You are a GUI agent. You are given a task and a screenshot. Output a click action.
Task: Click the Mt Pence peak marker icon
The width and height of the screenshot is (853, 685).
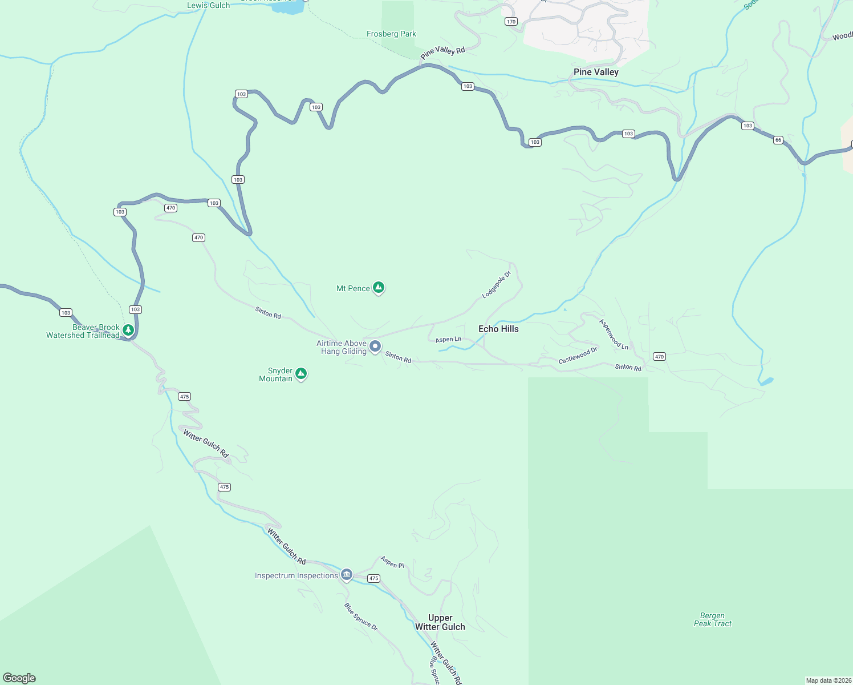pyautogui.click(x=378, y=288)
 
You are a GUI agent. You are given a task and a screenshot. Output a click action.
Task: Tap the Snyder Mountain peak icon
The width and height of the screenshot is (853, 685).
pyautogui.click(x=301, y=374)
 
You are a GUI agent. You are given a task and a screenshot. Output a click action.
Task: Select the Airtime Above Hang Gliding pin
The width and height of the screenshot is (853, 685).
pyautogui.click(x=375, y=346)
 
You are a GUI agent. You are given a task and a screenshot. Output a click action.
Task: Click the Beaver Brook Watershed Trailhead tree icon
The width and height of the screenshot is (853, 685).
pyautogui.click(x=128, y=330)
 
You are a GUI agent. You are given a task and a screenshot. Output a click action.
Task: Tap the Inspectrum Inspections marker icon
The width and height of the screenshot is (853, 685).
pyautogui.click(x=346, y=574)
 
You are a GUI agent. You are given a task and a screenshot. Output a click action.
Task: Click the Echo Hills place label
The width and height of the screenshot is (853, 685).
pyautogui.click(x=498, y=329)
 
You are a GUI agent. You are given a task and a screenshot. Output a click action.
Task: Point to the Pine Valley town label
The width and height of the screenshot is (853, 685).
pyautogui.click(x=596, y=72)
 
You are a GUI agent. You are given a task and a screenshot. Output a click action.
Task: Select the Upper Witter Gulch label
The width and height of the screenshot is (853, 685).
pyautogui.click(x=440, y=622)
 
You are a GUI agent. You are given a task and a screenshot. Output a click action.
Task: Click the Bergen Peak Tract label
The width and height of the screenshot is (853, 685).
pyautogui.click(x=712, y=619)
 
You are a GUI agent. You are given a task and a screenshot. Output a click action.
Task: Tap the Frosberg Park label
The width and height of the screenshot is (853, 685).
pyautogui.click(x=391, y=34)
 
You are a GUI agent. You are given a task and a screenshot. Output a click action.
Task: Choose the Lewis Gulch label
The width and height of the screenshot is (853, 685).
pyautogui.click(x=209, y=5)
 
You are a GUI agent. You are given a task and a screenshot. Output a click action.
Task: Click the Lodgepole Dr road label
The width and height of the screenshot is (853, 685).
pyautogui.click(x=496, y=285)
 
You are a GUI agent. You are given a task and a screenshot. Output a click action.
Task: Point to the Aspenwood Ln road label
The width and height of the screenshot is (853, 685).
pyautogui.click(x=614, y=335)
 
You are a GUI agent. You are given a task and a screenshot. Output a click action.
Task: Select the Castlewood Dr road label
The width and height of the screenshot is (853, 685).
pyautogui.click(x=578, y=355)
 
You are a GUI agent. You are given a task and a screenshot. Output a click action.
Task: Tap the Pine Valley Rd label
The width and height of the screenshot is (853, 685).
pyautogui.click(x=443, y=52)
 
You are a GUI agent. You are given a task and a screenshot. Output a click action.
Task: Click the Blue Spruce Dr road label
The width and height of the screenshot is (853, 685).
pyautogui.click(x=360, y=616)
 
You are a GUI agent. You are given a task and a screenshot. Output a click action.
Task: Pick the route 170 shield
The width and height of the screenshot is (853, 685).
pyautogui.click(x=510, y=22)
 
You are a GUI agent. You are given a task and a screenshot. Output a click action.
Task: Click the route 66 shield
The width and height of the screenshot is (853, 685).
pyautogui.click(x=778, y=140)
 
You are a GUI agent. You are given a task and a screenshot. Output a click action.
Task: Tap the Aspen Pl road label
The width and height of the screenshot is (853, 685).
pyautogui.click(x=392, y=562)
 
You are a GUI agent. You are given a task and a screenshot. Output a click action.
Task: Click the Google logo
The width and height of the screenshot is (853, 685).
pyautogui.click(x=19, y=678)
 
